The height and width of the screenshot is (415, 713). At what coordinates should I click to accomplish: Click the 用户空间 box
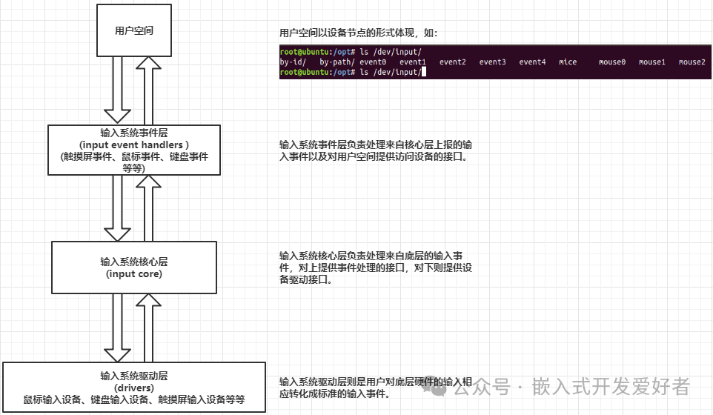(x=134, y=30)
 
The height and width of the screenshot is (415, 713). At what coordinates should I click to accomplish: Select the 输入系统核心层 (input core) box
(x=134, y=267)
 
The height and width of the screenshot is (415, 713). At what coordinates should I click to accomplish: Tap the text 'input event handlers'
(x=134, y=145)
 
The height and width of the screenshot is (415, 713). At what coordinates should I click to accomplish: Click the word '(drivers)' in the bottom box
(x=134, y=388)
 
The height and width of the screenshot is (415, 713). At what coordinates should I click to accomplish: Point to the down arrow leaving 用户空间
(x=117, y=89)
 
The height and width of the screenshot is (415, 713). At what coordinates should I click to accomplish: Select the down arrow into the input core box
(x=117, y=207)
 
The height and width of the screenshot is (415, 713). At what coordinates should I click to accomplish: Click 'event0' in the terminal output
(x=373, y=62)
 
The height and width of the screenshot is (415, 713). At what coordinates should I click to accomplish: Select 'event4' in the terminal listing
(x=532, y=62)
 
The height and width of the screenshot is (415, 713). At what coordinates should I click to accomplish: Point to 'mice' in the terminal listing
(x=568, y=62)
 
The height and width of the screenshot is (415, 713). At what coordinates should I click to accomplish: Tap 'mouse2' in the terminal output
(x=692, y=62)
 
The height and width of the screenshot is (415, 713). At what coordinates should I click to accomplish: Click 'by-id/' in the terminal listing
(x=293, y=62)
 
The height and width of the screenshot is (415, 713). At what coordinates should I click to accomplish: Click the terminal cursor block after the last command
(x=424, y=73)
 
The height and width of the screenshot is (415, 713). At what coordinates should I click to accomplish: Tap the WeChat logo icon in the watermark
(x=440, y=385)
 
